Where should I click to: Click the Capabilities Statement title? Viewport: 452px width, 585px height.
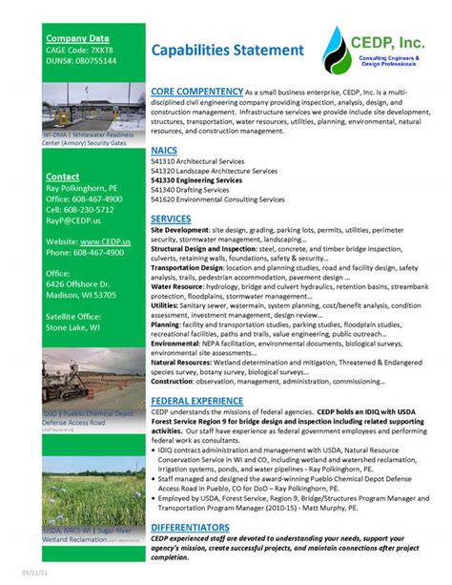[x=227, y=49]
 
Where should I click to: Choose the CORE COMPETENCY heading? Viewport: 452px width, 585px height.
[x=195, y=91]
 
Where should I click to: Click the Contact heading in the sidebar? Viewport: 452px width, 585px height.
[x=63, y=178]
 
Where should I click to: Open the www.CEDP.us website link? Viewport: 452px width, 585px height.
[x=105, y=242]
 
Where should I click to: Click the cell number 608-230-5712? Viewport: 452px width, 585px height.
[x=79, y=209]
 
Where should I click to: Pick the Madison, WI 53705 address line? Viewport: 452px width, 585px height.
[x=81, y=295]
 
